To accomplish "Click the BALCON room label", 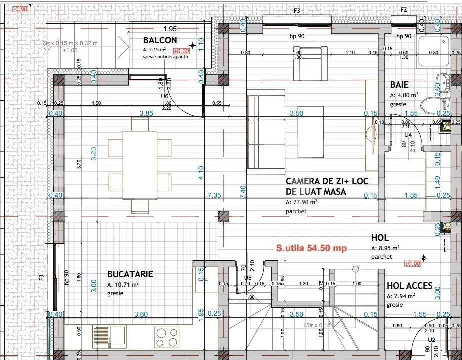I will tap(160, 40).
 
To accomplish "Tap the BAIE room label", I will tap(400, 85).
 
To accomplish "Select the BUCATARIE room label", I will tap(130, 274).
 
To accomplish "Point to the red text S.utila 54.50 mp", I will tap(311, 248).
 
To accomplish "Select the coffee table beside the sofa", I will tap(310, 125).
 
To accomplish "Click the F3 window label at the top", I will tap(297, 10).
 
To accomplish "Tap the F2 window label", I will tap(404, 10).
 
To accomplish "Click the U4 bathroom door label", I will tap(408, 135).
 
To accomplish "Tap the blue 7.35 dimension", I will tap(214, 195).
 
